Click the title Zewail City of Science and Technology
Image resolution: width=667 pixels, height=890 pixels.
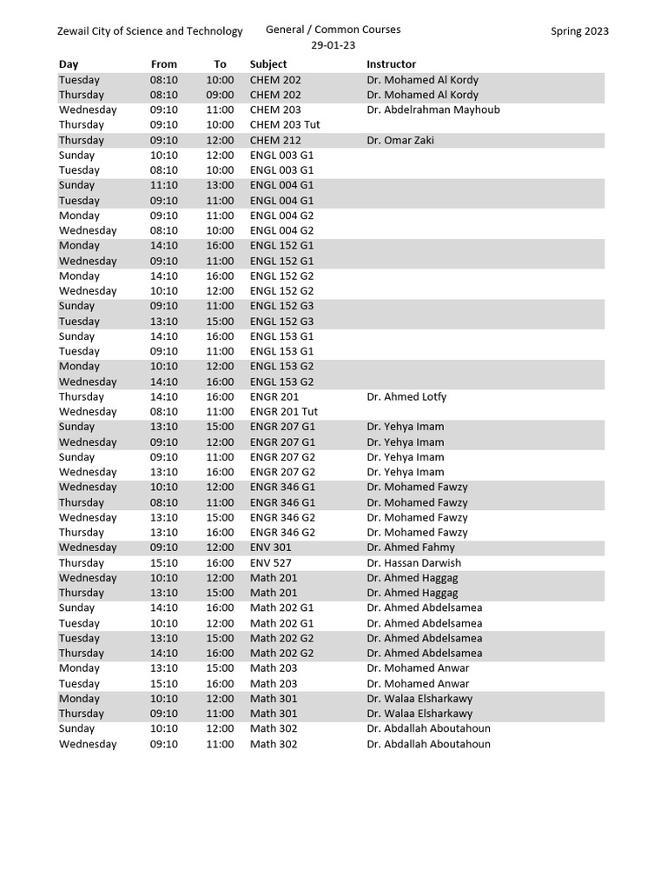[x=149, y=31]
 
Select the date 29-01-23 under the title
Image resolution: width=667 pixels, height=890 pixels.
[x=333, y=46]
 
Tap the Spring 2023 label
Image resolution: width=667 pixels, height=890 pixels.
[x=579, y=31]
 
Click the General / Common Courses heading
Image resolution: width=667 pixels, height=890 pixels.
[x=333, y=30]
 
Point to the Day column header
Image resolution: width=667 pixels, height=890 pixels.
[x=69, y=64]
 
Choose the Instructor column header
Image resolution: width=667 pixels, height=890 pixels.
[x=391, y=64]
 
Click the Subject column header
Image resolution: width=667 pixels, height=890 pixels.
[x=267, y=64]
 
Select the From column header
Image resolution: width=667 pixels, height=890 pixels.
[x=163, y=64]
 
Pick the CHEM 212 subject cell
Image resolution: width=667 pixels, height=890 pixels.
[x=275, y=140]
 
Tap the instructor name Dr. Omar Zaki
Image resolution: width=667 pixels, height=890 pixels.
[x=400, y=140]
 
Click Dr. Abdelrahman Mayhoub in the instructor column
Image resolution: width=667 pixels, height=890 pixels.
[x=433, y=110]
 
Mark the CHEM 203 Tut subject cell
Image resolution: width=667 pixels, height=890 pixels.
[x=285, y=125]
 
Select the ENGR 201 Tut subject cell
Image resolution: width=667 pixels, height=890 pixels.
[x=284, y=412]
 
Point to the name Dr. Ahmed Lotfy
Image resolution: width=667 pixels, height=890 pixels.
[x=406, y=397]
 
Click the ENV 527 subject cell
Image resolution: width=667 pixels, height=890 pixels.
[x=270, y=563]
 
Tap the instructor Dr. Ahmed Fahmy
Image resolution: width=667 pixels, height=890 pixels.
[x=411, y=548]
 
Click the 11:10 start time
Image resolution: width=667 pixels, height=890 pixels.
[x=163, y=185]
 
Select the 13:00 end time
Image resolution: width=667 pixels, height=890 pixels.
[x=220, y=185]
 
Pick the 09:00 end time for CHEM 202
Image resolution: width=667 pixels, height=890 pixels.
[x=220, y=95]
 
